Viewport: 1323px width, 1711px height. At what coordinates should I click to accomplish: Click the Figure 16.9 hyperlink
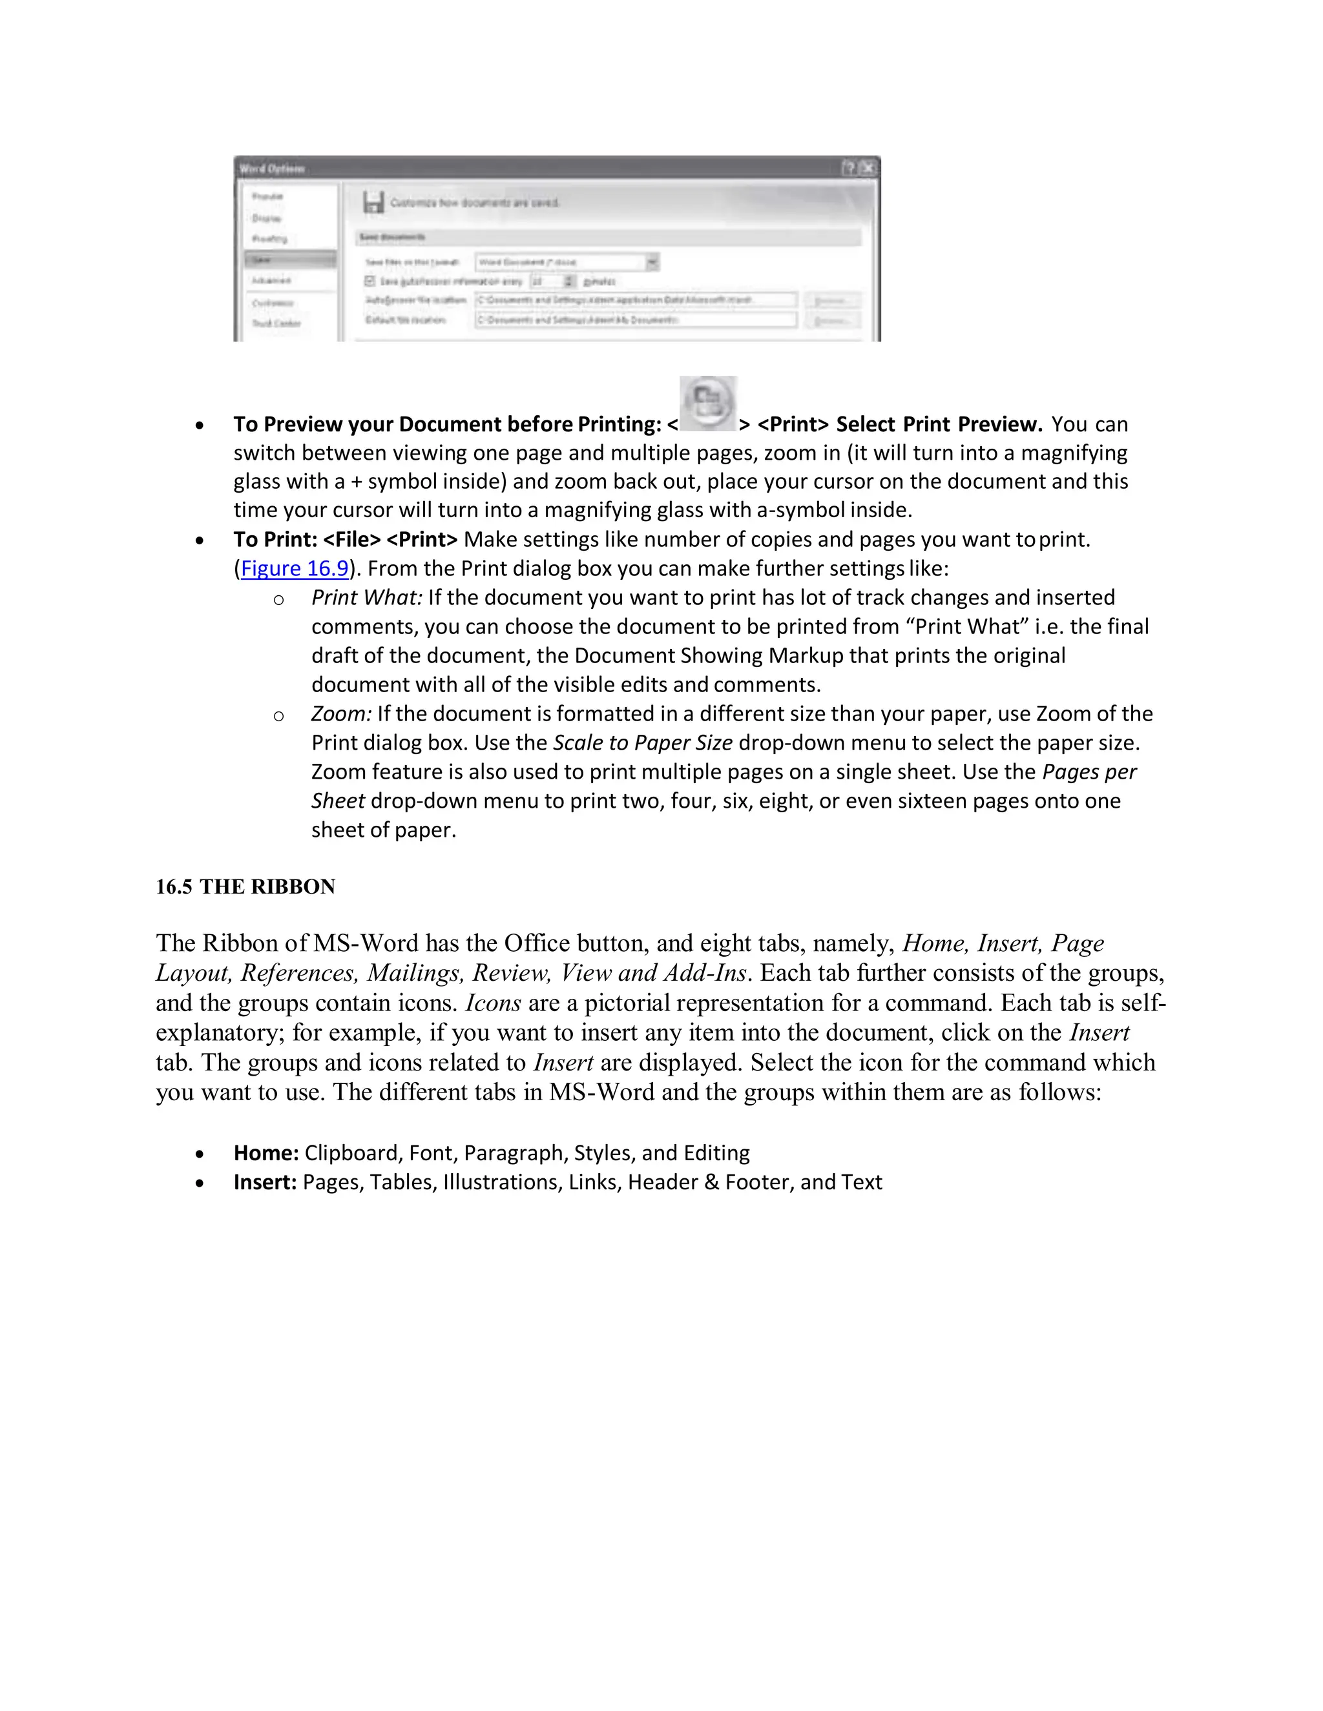(294, 568)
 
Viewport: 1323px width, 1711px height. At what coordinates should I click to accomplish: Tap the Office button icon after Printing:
(708, 404)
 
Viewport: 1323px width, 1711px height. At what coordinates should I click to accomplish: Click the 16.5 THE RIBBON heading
(245, 887)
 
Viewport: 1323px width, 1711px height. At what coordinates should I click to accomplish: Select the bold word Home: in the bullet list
(266, 1153)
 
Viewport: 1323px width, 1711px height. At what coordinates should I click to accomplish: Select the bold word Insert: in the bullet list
(265, 1182)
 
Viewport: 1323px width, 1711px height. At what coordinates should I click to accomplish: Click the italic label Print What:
(366, 598)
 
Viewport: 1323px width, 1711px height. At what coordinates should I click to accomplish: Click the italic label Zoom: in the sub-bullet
(341, 713)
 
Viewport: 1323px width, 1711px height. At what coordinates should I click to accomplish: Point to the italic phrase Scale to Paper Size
(643, 743)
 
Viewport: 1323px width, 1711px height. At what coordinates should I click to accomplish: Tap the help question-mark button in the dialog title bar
(849, 168)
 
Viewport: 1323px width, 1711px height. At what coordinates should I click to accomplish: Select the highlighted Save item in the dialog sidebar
(289, 260)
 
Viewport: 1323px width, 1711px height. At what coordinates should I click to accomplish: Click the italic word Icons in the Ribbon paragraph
(493, 1003)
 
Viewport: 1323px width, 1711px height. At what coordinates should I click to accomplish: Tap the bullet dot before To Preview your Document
(201, 425)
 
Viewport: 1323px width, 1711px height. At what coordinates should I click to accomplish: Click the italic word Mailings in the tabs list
(415, 973)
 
